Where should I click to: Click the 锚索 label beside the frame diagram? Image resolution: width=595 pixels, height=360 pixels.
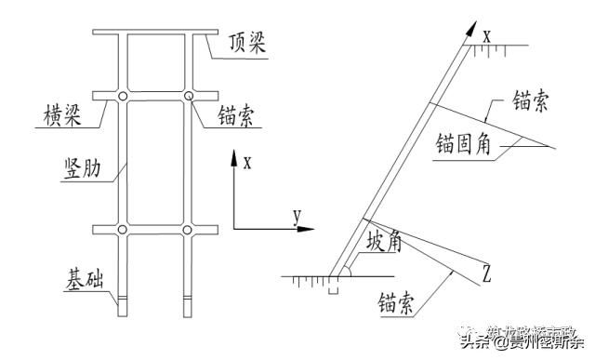click(239, 117)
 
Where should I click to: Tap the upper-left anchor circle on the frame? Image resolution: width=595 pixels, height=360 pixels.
click(122, 97)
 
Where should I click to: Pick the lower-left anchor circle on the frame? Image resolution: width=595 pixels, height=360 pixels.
click(122, 229)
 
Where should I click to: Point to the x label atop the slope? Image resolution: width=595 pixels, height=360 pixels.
click(485, 35)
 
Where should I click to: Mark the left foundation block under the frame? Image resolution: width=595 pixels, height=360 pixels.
click(122, 304)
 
